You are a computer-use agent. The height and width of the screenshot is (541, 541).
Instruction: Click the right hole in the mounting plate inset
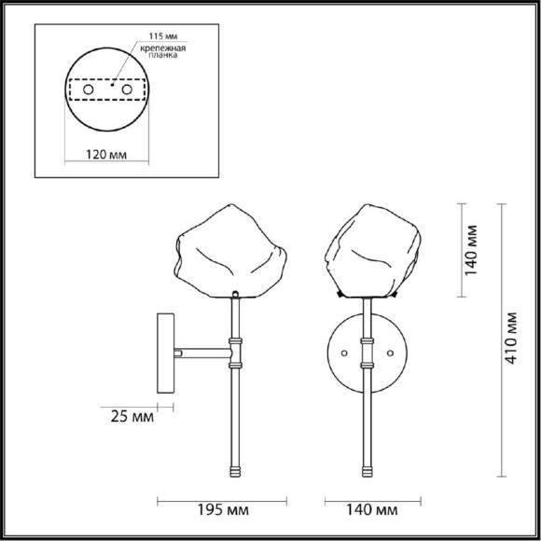click(x=126, y=90)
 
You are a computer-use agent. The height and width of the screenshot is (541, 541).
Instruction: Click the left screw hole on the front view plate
click(x=344, y=354)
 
